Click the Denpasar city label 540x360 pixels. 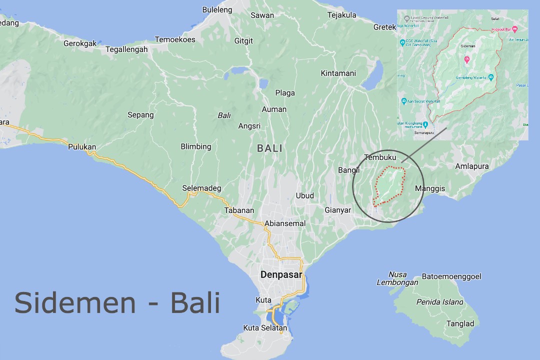(x=281, y=275)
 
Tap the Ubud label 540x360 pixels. (x=305, y=195)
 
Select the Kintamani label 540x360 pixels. (x=338, y=73)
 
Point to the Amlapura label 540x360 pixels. (x=472, y=166)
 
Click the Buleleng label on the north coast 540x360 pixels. (x=217, y=9)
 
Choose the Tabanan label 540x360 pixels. (x=239, y=210)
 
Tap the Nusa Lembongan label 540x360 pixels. (x=397, y=278)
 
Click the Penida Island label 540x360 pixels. (x=440, y=302)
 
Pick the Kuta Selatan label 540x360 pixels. (x=265, y=328)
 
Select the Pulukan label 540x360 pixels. (x=82, y=147)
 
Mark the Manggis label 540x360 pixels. (x=430, y=188)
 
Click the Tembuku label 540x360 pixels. (x=380, y=157)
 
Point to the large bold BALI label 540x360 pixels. (x=269, y=148)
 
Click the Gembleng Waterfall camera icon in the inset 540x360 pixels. (x=491, y=77)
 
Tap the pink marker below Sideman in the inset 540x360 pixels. (x=467, y=60)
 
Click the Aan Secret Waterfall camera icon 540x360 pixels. (x=404, y=101)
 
